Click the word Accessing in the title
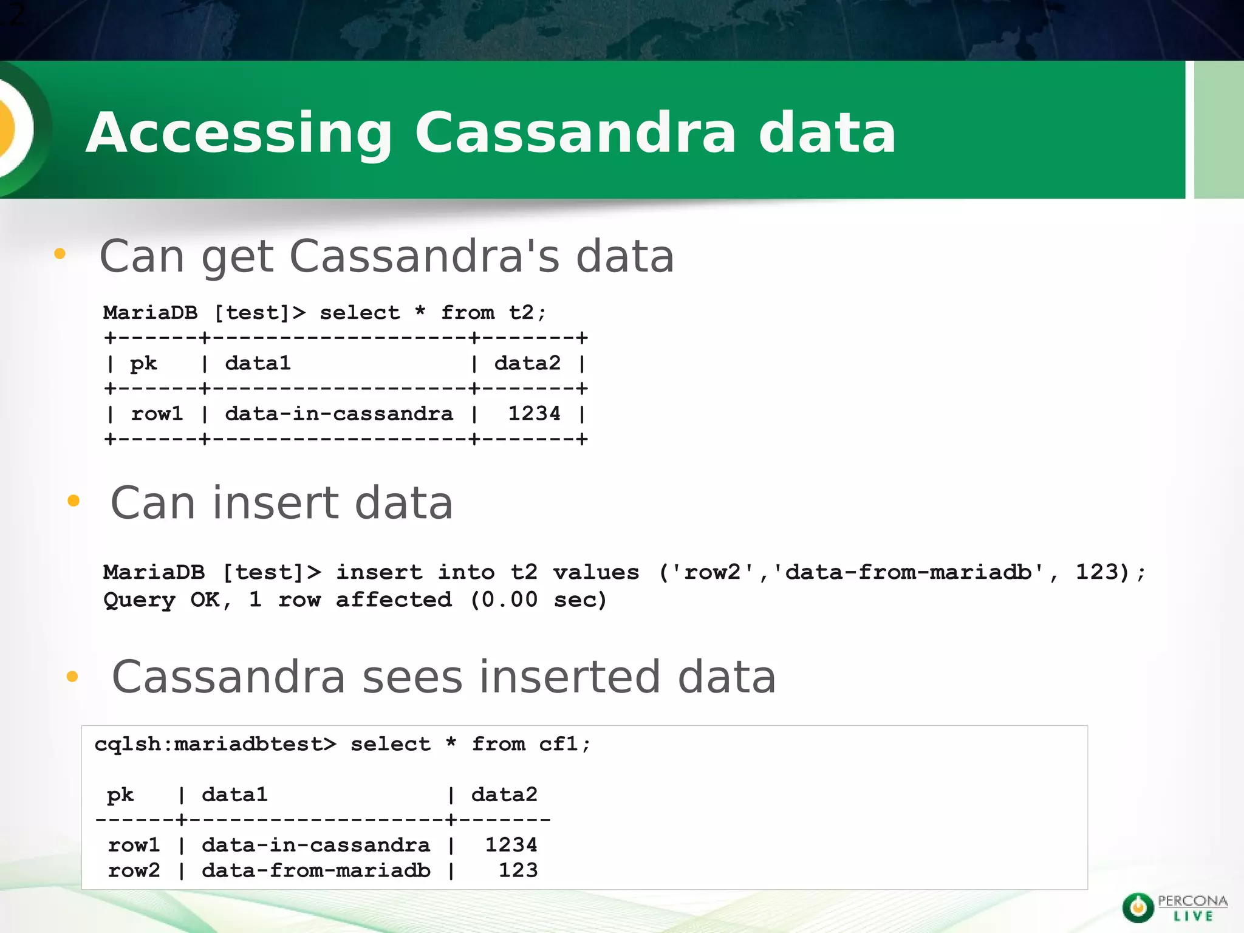coord(239,133)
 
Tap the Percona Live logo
coord(1174,907)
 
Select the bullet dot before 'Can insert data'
coord(73,501)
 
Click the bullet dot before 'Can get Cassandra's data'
coord(60,254)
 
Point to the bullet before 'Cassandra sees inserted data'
coord(72,676)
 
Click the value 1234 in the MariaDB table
coord(534,414)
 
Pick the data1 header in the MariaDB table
coord(258,363)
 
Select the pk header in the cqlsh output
coord(120,795)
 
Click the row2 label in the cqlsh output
coord(134,870)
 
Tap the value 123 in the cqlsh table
coord(518,870)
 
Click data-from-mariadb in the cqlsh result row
coord(316,870)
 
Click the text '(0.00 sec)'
coord(538,600)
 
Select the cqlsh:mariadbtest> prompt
coord(215,744)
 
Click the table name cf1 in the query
coord(558,744)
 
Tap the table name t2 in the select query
coord(521,313)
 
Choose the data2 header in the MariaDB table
coord(527,363)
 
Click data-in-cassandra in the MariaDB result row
coord(339,414)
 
